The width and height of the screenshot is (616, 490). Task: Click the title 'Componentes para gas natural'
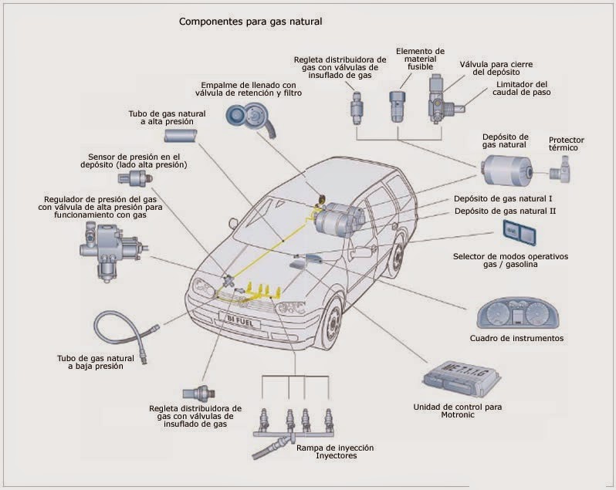tap(250, 22)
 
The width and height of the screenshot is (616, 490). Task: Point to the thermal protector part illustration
tap(564, 167)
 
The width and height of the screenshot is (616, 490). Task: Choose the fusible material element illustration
tap(398, 106)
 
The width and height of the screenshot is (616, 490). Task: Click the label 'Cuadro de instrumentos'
tap(516, 338)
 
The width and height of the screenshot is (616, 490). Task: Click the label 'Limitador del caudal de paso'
tap(523, 89)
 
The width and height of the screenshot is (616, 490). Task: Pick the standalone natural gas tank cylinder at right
tap(505, 168)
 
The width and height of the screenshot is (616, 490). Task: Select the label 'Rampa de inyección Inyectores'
tap(335, 451)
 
